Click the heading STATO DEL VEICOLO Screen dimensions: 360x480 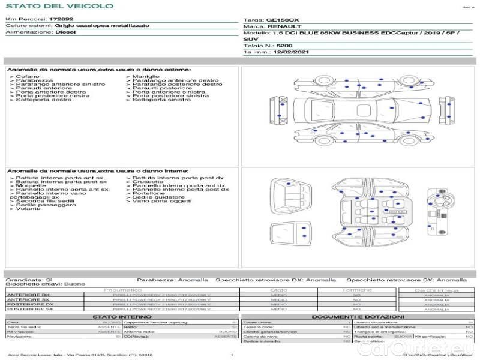pyautogui.click(x=59, y=6)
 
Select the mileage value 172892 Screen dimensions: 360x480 pyautogui.click(x=61, y=20)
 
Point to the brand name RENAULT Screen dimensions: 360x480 pyautogui.click(x=281, y=27)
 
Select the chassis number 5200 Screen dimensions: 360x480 pyautogui.click(x=284, y=46)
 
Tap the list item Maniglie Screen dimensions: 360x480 pyautogui.click(x=146, y=77)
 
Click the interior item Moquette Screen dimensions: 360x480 pyautogui.click(x=29, y=185)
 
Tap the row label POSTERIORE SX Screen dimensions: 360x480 pyautogui.click(x=28, y=309)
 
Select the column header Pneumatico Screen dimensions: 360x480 pyautogui.click(x=122, y=290)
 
